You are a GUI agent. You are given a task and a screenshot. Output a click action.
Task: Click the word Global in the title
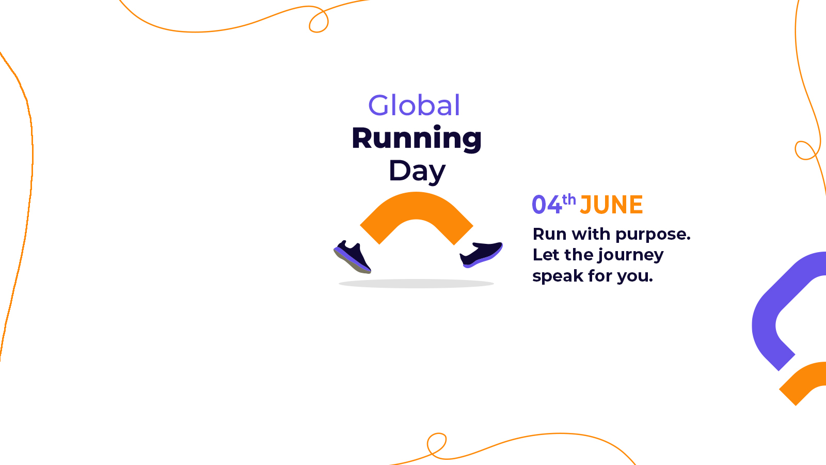414,105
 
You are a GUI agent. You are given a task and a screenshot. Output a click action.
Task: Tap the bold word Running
417,138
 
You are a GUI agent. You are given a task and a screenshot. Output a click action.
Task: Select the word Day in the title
417,171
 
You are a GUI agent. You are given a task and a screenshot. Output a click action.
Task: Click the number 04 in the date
547,205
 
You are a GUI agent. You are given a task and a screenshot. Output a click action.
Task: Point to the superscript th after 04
569,199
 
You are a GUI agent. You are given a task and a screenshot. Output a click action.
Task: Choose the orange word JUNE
611,205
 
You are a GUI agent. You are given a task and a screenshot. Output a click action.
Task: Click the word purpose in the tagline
653,235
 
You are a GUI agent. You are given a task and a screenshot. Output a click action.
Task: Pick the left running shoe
353,257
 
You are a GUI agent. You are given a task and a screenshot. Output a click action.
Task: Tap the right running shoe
481,254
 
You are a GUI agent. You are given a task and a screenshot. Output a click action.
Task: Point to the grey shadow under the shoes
416,284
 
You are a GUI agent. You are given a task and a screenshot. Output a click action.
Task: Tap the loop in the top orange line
319,20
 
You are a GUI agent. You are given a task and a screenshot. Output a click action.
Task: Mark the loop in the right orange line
806,150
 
